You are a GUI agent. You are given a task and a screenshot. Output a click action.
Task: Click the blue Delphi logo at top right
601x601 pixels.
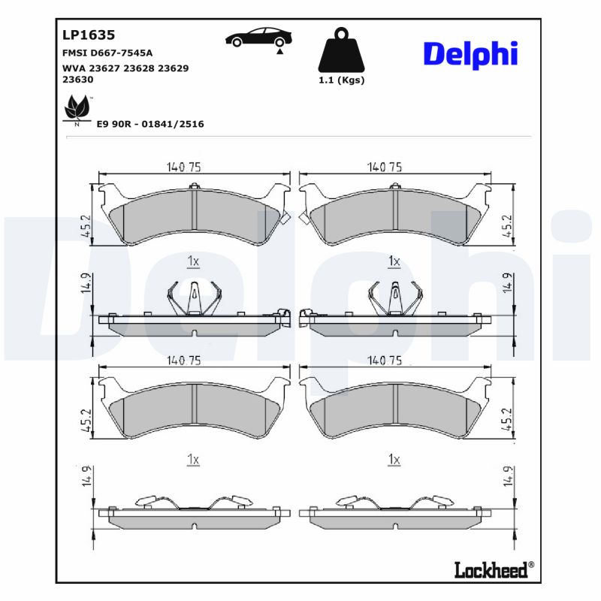(470, 53)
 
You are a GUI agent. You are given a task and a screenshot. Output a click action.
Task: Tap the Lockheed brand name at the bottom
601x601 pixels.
(491, 570)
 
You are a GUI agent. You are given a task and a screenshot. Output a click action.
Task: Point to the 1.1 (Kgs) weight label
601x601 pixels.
(342, 80)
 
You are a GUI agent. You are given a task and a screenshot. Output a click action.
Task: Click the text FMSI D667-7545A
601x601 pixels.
(107, 53)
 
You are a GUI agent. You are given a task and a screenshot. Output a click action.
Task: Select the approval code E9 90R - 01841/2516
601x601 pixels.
(150, 124)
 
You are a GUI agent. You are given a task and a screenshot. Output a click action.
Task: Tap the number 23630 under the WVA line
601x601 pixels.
(78, 78)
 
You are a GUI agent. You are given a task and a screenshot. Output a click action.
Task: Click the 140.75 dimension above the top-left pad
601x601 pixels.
(183, 168)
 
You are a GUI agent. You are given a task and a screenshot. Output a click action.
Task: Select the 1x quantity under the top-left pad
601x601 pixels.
(192, 261)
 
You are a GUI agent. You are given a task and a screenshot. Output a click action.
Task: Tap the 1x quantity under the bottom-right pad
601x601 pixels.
(392, 458)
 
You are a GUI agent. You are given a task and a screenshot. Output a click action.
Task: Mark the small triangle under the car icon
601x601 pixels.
(279, 53)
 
